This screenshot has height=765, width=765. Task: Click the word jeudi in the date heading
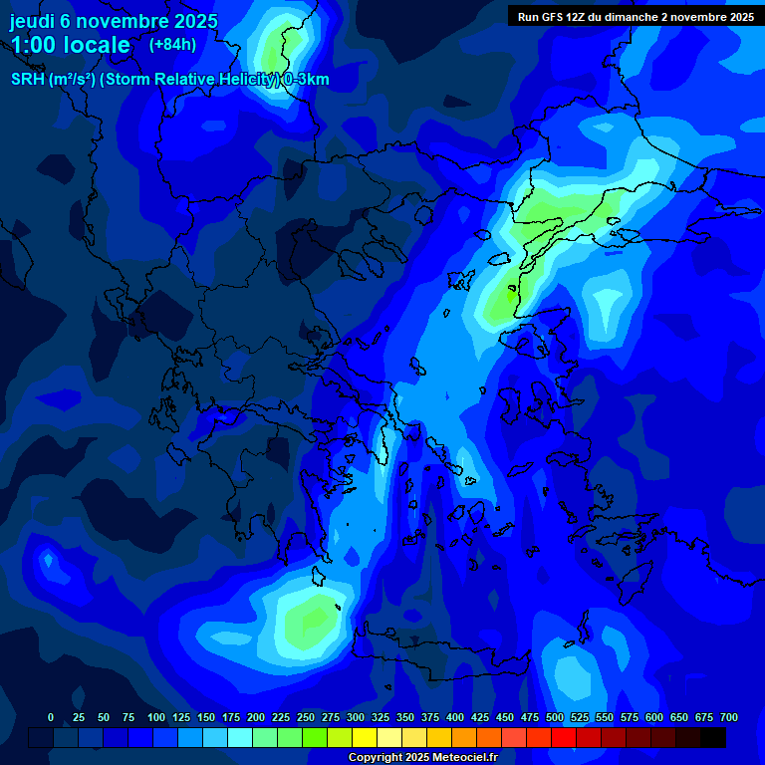point(32,21)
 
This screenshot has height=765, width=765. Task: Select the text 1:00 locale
point(70,45)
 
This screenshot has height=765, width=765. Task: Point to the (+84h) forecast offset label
point(172,44)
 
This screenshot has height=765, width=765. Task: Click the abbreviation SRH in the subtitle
point(27,80)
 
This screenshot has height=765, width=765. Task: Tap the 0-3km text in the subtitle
point(306,80)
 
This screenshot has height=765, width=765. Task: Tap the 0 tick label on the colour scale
point(51,717)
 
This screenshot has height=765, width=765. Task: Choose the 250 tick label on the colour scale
point(306,717)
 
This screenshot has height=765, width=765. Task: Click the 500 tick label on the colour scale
point(555,717)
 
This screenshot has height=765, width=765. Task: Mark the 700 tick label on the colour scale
point(729,717)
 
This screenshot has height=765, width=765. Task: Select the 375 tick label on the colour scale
point(430,717)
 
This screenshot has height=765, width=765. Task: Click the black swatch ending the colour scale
point(713,737)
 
